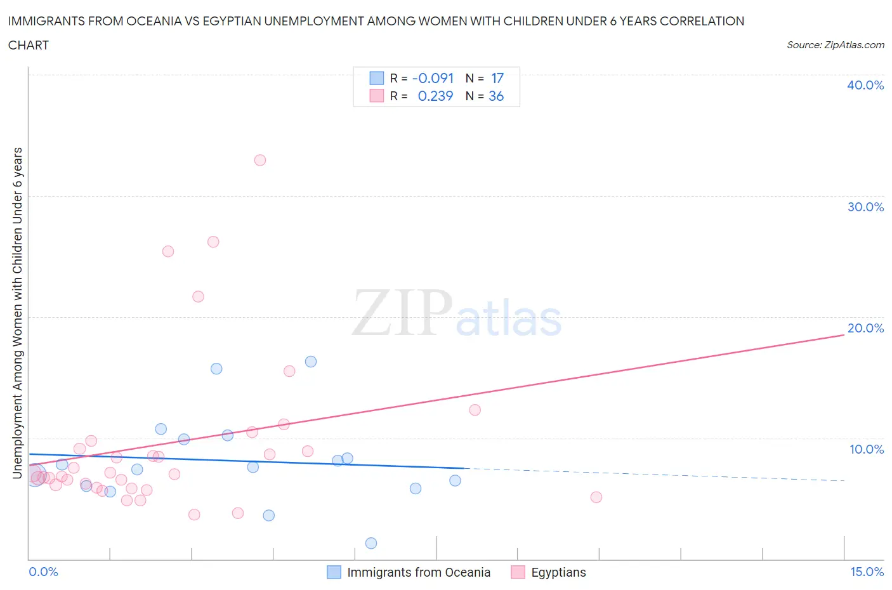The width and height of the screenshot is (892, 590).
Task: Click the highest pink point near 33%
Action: [259, 160]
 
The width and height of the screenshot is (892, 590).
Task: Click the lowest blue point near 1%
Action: [371, 543]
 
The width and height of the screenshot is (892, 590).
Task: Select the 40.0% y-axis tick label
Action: [865, 85]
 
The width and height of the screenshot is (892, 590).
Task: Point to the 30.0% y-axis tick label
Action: [865, 207]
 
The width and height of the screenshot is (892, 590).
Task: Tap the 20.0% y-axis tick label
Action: [865, 328]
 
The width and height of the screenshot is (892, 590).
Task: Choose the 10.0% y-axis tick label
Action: [866, 449]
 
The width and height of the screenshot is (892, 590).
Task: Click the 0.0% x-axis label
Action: [43, 572]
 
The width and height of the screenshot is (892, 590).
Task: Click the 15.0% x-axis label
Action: [867, 572]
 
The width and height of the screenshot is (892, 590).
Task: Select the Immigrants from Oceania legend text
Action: [419, 572]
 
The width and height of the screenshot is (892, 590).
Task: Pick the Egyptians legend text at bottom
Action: [558, 572]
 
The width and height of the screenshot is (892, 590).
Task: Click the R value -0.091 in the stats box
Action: [433, 78]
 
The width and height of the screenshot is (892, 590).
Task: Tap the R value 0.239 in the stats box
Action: [435, 96]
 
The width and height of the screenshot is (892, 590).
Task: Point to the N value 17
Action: [497, 78]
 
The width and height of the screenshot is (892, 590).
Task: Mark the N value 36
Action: [496, 96]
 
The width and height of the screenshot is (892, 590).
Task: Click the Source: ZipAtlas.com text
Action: [835, 44]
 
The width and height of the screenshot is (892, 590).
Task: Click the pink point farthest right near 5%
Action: [596, 497]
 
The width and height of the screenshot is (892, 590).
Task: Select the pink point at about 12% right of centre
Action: [475, 410]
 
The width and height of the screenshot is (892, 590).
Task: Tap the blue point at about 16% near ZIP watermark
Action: [311, 362]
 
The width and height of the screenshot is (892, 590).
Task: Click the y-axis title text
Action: [18, 313]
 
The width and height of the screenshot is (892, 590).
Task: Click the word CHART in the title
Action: [29, 45]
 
